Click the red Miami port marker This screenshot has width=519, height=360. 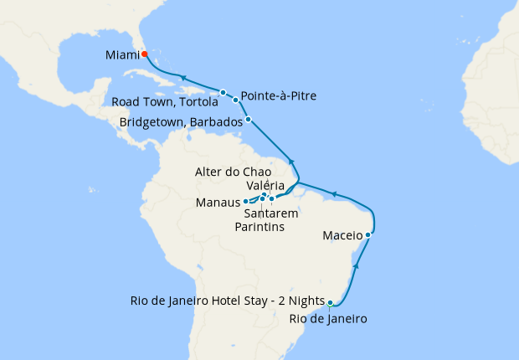144,54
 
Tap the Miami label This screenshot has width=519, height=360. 122,55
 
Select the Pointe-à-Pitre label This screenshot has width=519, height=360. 278,94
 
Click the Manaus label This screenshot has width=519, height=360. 217,203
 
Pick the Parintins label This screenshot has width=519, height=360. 259,226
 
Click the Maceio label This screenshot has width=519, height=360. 342,235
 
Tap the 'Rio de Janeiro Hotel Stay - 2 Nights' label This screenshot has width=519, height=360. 226,301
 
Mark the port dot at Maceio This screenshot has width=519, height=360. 368,234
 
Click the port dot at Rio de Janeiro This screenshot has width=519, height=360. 331,303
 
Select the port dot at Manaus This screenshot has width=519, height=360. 245,202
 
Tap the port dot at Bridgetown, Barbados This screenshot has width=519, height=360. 248,120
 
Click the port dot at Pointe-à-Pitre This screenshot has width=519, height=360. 236,100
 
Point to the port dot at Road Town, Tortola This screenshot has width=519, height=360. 223,92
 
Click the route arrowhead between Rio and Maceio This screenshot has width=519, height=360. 357,265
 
